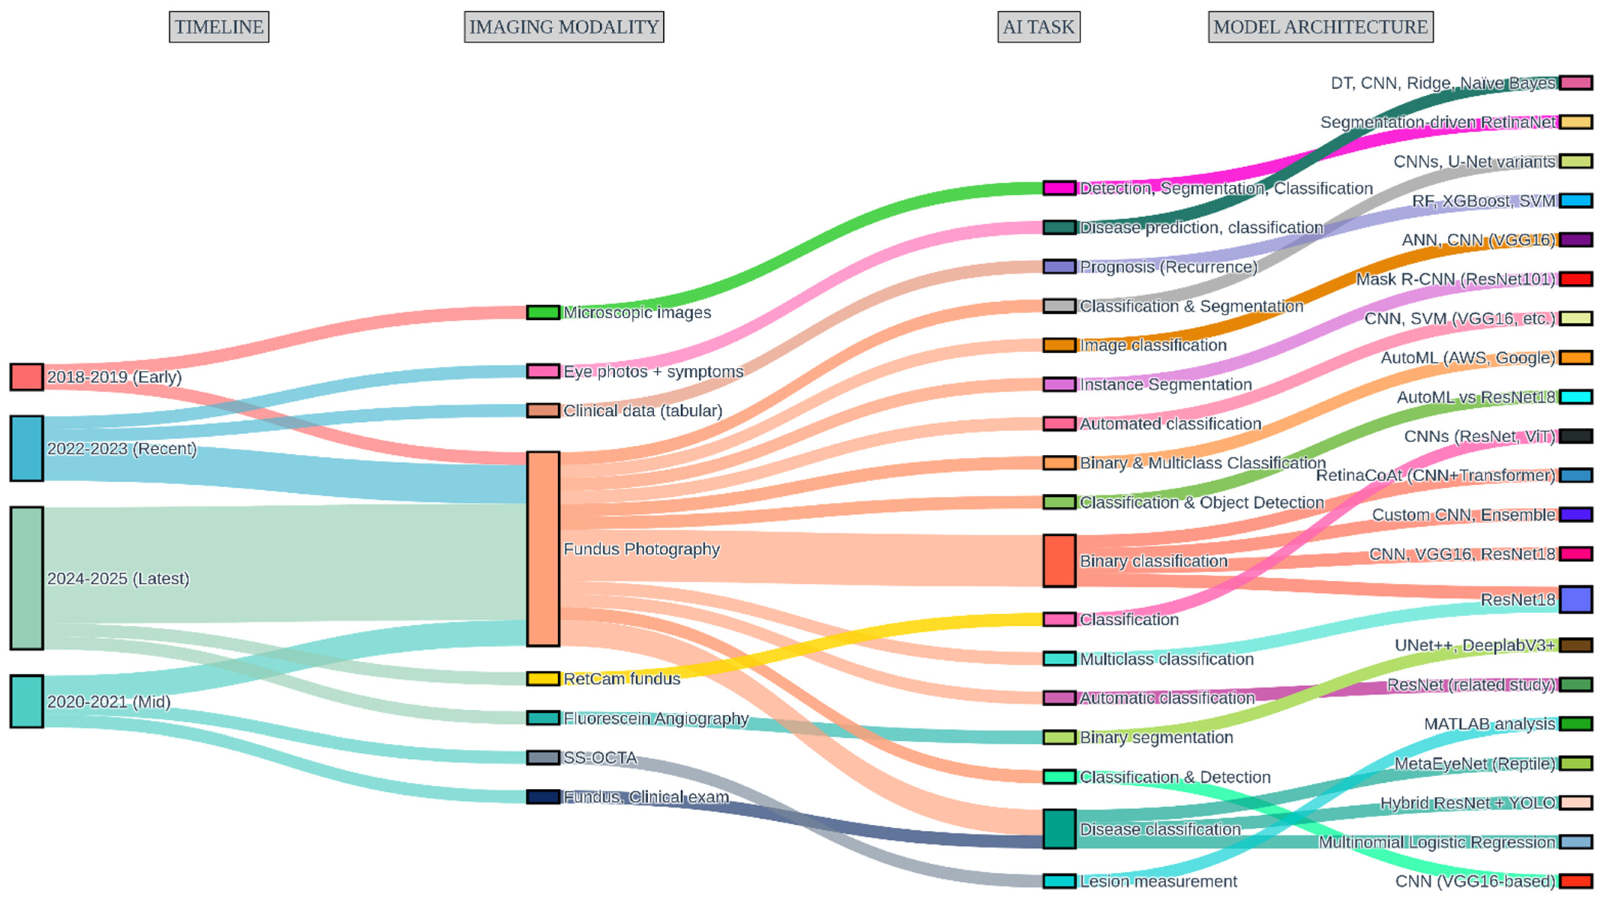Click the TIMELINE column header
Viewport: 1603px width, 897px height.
pyautogui.click(x=219, y=27)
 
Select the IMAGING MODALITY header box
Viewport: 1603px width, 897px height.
pyautogui.click(x=564, y=27)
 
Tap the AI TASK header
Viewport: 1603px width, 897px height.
pyautogui.click(x=1039, y=27)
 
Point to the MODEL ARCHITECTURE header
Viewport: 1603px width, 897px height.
pyautogui.click(x=1321, y=27)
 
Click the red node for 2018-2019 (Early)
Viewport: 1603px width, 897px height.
pyautogui.click(x=27, y=377)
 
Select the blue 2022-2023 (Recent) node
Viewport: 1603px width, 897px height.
pyautogui.click(x=27, y=448)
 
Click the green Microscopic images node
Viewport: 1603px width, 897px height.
pyautogui.click(x=543, y=312)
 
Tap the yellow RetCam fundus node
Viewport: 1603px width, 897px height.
pyautogui.click(x=543, y=679)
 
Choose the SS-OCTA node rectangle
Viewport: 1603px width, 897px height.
pyautogui.click(x=543, y=757)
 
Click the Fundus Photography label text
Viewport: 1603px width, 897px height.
pyautogui.click(x=641, y=549)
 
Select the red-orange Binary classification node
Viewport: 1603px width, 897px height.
pyautogui.click(x=1059, y=560)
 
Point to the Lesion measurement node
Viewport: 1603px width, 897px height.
pyautogui.click(x=1059, y=881)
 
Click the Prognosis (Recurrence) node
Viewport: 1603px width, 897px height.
pyautogui.click(x=1059, y=267)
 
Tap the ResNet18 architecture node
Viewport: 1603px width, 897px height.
pyautogui.click(x=1576, y=600)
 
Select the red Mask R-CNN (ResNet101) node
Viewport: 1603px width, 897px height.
pyautogui.click(x=1576, y=279)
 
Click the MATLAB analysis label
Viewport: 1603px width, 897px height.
pyautogui.click(x=1489, y=724)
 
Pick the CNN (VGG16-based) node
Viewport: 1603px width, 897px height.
pyautogui.click(x=1576, y=881)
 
